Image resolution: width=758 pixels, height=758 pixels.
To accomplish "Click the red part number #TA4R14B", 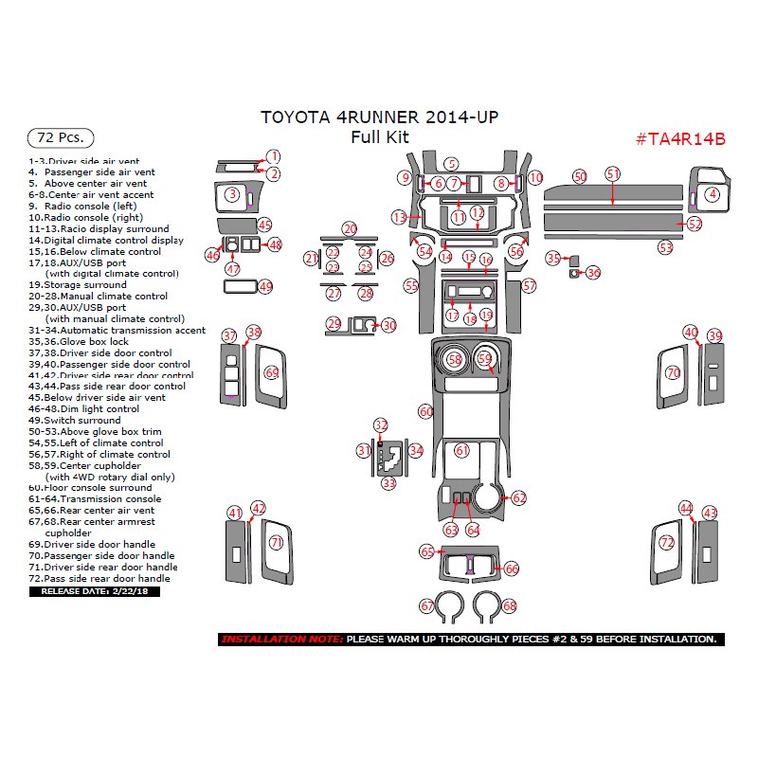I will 679,138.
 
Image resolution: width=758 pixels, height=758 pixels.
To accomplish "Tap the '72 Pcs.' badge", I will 60,137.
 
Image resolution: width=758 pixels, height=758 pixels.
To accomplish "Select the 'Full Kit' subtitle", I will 379,136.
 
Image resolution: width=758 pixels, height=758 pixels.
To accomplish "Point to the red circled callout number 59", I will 485,359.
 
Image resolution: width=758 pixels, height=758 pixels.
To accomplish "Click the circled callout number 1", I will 273,156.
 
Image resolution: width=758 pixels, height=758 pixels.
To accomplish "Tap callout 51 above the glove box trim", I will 613,174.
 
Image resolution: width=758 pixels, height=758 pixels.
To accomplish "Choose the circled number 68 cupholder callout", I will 510,605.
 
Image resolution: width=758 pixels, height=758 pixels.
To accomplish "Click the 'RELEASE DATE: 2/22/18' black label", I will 95,591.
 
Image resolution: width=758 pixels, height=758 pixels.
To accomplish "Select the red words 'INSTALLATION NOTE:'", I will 282,640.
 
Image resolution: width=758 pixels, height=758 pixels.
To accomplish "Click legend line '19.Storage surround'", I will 78,284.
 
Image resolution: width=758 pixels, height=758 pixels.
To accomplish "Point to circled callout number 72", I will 667,543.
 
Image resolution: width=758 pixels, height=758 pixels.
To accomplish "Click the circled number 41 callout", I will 235,514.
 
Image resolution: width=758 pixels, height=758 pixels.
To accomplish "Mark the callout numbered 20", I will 350,229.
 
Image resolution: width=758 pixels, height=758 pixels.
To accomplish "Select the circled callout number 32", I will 381,425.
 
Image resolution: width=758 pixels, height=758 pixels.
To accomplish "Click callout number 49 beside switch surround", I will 265,286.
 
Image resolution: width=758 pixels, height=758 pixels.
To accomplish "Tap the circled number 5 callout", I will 453,165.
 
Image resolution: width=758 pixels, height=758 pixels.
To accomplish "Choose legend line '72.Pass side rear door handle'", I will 99,578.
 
